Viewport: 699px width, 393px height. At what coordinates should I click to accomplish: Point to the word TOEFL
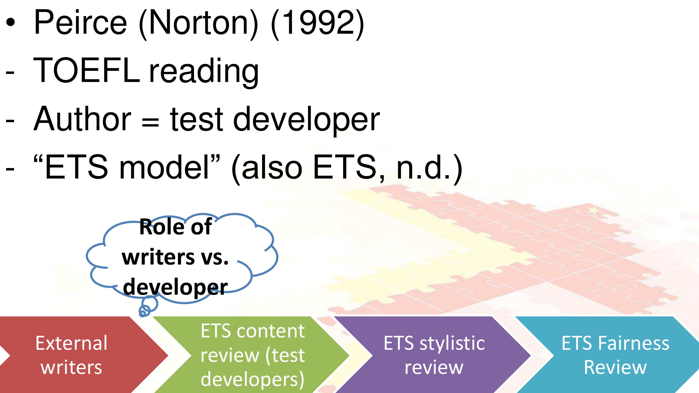(87, 70)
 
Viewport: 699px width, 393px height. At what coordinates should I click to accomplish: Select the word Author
(82, 118)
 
